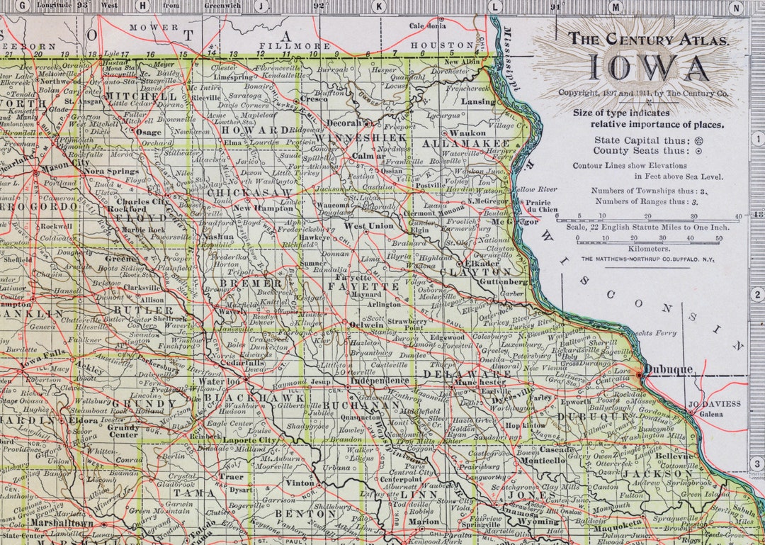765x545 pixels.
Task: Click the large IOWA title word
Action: point(647,68)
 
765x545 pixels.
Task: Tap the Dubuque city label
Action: point(670,369)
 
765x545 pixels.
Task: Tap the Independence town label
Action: point(380,381)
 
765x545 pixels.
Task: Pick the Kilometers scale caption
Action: point(648,249)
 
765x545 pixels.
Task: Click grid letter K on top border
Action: point(380,6)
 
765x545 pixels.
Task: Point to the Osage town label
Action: point(149,132)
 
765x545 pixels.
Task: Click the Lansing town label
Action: point(478,101)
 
